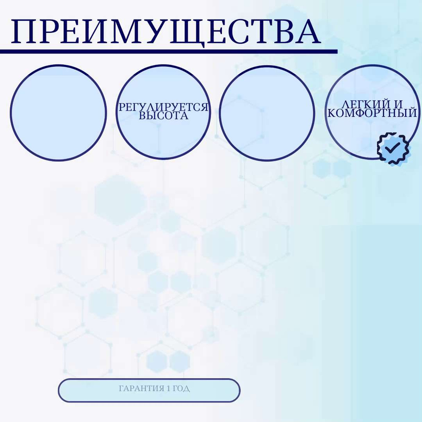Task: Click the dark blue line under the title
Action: coord(169,51)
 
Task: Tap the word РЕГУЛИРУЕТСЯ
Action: coord(164,107)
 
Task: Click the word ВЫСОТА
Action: coord(164,116)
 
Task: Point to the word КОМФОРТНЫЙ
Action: coord(372,113)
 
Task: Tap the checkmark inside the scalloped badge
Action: coord(392,147)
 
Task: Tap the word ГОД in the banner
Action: coord(181,389)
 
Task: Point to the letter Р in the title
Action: coord(49,32)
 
